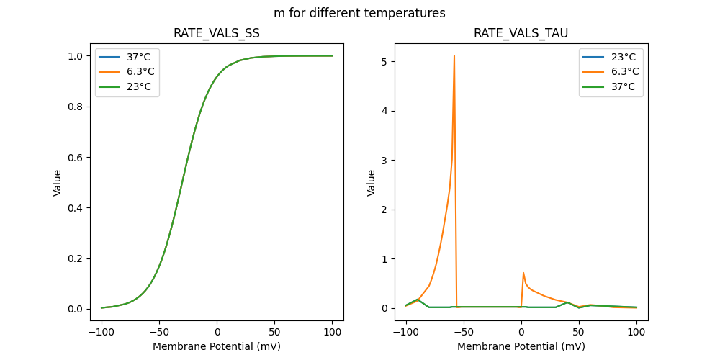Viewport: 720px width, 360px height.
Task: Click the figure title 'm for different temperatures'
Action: pyautogui.click(x=359, y=13)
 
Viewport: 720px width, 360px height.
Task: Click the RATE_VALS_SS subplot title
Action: pyautogui.click(x=217, y=33)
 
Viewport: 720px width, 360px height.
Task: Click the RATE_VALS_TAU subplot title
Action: pyautogui.click(x=521, y=33)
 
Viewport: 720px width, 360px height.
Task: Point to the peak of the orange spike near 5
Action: pyautogui.click(x=454, y=55)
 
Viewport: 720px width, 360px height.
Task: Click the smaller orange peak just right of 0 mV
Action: pyautogui.click(x=523, y=273)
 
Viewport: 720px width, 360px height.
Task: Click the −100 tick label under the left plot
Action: pyautogui.click(x=102, y=332)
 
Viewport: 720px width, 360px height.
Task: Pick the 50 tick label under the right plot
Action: pyautogui.click(x=578, y=332)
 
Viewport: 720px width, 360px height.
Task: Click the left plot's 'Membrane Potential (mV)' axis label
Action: pyautogui.click(x=217, y=346)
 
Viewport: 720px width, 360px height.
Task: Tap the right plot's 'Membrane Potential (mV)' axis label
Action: pyautogui.click(x=521, y=346)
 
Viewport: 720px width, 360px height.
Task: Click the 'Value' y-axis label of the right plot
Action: pyautogui.click(x=372, y=183)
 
